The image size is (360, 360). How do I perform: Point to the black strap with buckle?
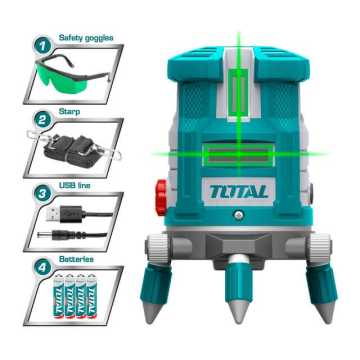[x=70, y=150]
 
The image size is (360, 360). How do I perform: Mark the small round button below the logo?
[x=240, y=213]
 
